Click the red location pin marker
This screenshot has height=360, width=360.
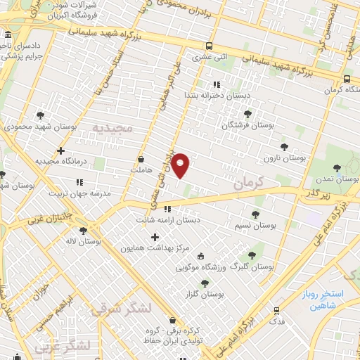[181, 165]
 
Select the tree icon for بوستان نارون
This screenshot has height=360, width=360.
[284, 147]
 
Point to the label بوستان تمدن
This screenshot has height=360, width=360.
[338, 180]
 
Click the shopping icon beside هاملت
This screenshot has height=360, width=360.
[142, 159]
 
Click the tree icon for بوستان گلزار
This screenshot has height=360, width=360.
[205, 283]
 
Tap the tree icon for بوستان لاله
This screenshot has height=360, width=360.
[83, 230]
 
